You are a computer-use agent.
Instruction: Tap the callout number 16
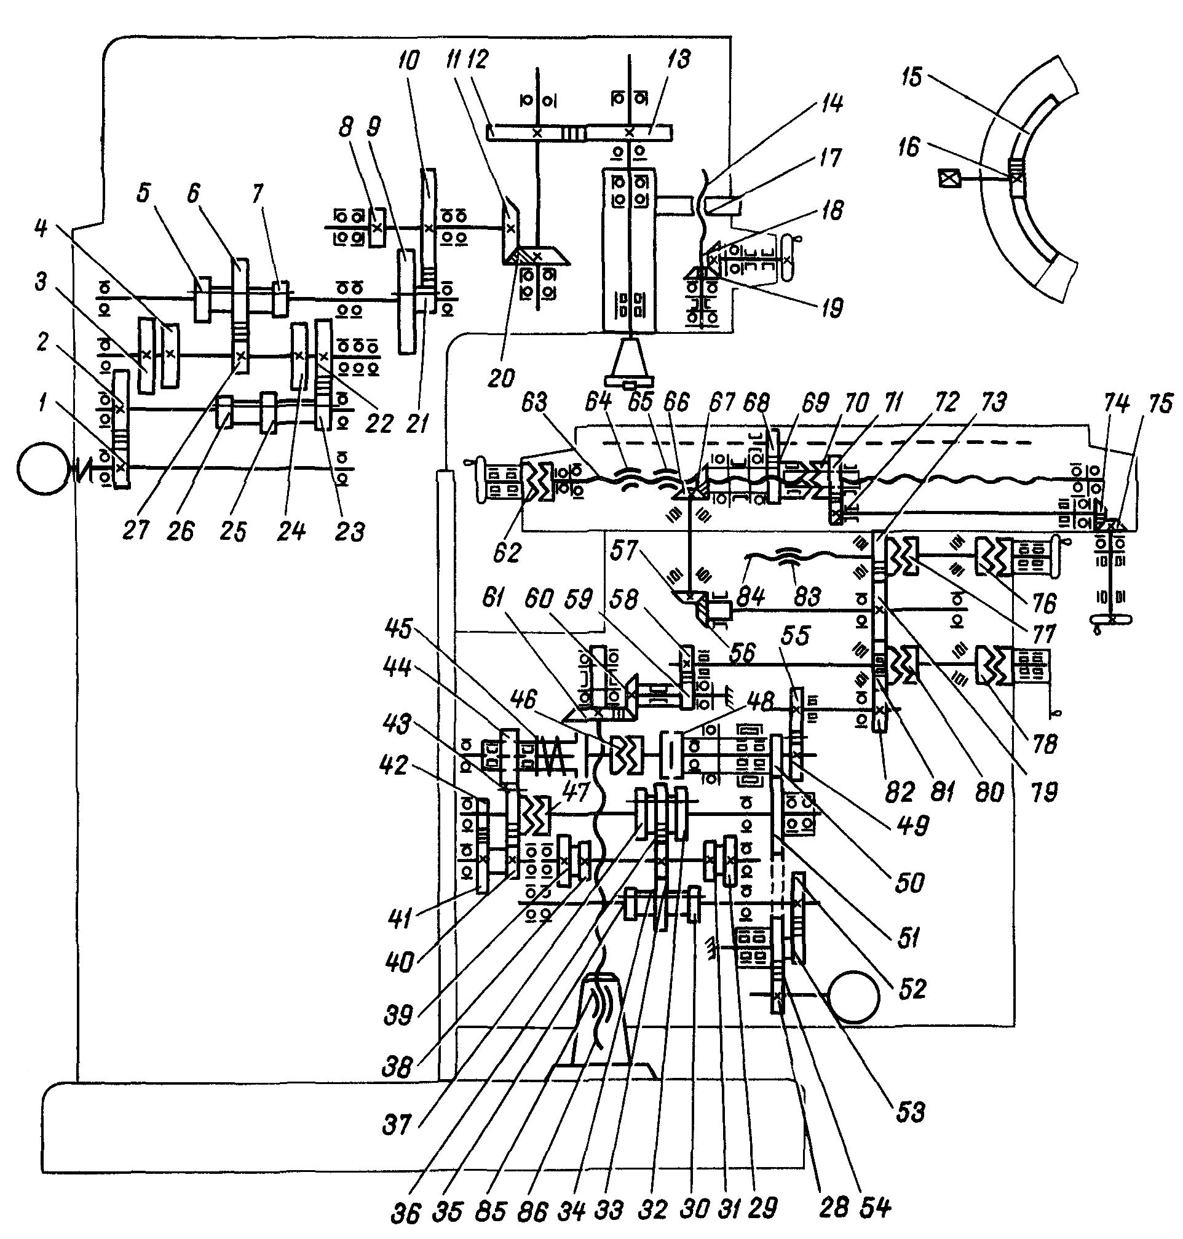pyautogui.click(x=909, y=147)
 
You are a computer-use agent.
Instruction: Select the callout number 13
pyautogui.click(x=679, y=59)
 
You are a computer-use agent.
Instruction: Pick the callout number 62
pyautogui.click(x=508, y=552)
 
